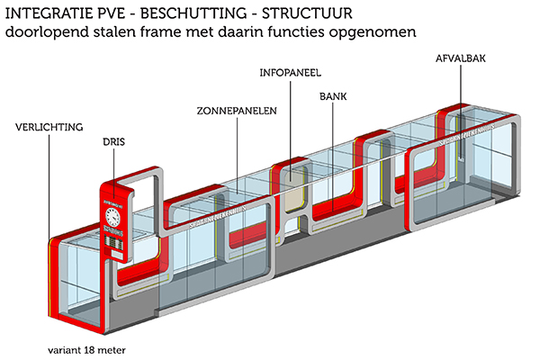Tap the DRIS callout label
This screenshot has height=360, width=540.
tap(112, 141)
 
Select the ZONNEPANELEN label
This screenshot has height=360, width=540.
tap(236, 111)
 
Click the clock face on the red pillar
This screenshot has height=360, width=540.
tap(112, 216)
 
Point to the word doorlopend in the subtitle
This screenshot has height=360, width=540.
tap(45, 32)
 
